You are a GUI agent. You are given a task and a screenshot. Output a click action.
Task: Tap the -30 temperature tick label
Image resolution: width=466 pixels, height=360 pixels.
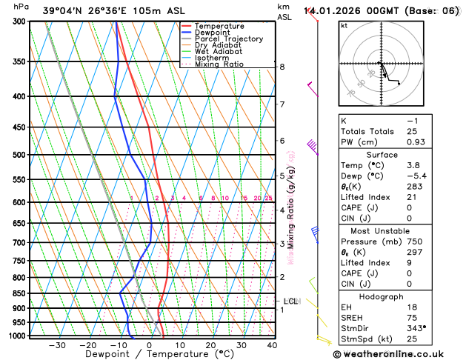[x=56, y=345]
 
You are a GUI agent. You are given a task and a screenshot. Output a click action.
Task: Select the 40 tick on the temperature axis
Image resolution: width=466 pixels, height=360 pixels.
[x=272, y=345]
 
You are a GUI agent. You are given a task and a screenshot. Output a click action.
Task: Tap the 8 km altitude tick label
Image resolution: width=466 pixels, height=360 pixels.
[x=282, y=67]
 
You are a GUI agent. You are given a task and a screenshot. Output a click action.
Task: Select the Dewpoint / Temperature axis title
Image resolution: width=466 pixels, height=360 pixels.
[x=149, y=354]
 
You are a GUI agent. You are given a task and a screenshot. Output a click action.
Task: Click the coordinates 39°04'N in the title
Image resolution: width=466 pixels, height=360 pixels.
[x=64, y=11]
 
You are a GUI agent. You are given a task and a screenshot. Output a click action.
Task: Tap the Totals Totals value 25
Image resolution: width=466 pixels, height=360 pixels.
[x=412, y=131]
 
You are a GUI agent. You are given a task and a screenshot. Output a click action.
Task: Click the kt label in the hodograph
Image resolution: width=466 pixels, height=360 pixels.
[x=344, y=26]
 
